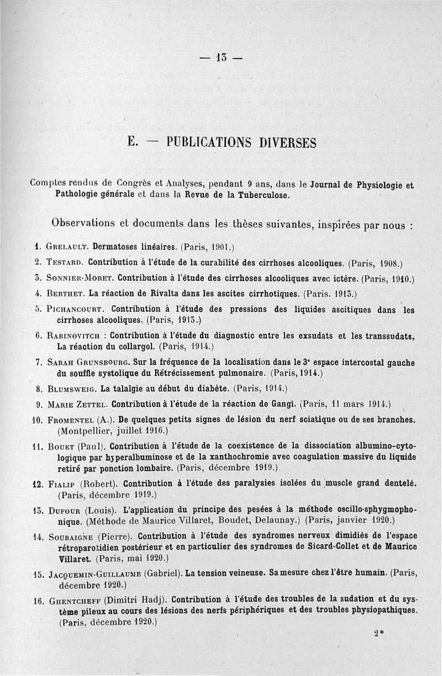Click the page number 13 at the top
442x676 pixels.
(x=222, y=57)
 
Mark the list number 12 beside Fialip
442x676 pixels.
(x=38, y=485)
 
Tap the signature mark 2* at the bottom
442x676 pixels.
(x=378, y=634)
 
